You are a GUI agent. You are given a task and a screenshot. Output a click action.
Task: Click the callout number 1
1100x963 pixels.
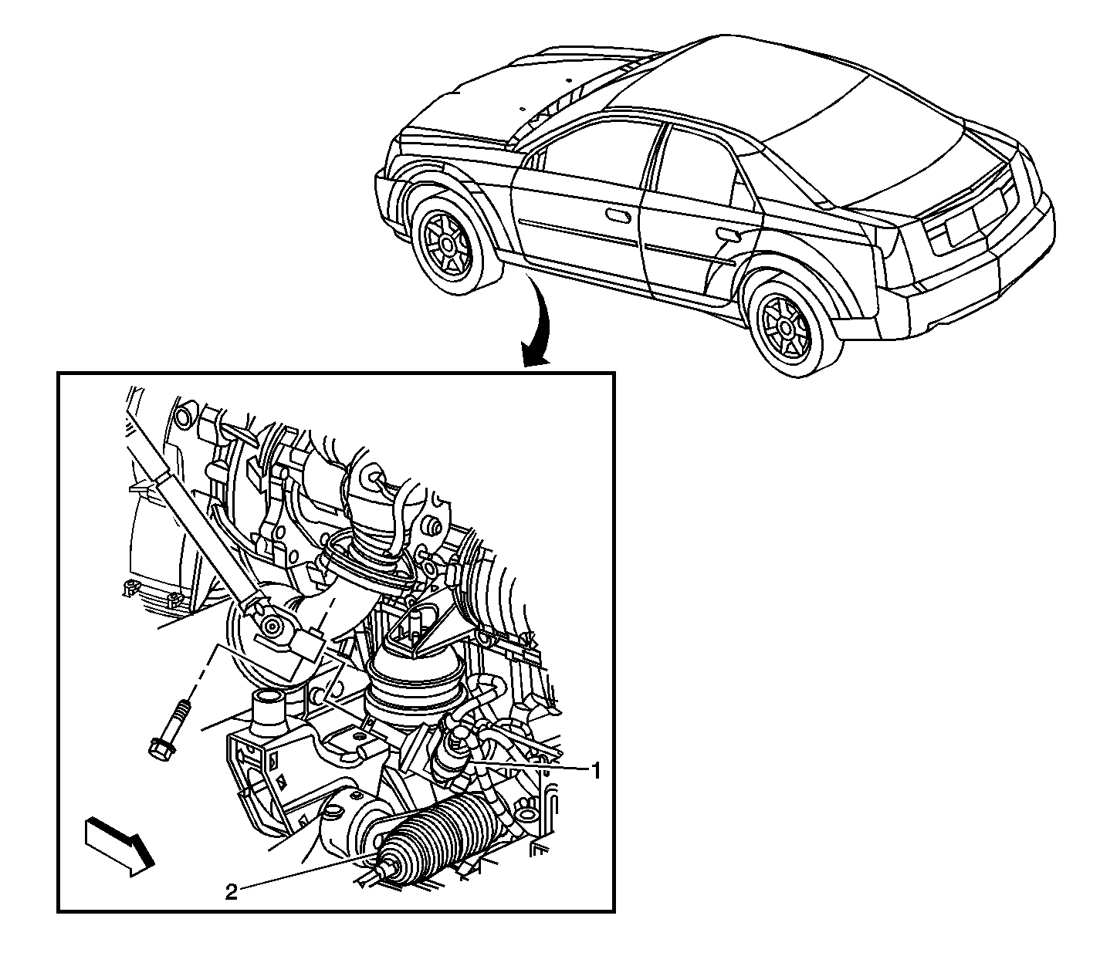595,772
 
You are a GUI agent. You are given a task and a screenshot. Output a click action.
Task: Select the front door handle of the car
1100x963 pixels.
619,215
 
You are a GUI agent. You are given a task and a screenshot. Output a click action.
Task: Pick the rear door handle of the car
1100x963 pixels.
729,233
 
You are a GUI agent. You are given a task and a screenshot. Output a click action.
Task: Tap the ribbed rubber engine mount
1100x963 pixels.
411,688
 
